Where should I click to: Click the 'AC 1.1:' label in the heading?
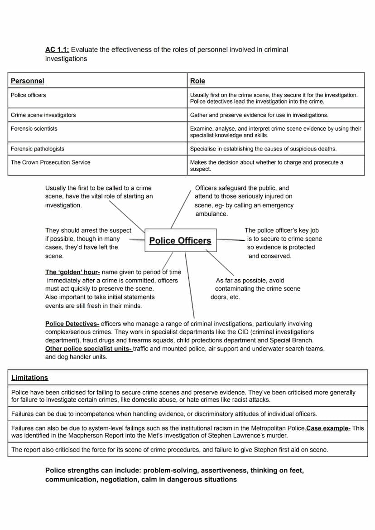coord(57,49)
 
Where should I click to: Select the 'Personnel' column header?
coord(28,81)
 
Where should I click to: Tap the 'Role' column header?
coord(197,81)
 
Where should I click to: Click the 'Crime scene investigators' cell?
coord(43,115)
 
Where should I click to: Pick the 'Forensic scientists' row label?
coord(34,129)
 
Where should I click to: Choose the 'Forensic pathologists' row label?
coord(38,149)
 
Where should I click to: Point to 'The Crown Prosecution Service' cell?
coord(51,162)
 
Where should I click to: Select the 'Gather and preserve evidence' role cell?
coord(259,115)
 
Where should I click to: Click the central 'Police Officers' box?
coord(180,241)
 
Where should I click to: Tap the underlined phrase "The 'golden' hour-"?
coord(72,272)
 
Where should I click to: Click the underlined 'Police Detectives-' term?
coord(72,324)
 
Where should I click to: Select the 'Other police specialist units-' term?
coord(89,349)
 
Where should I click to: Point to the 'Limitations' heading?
coord(29,378)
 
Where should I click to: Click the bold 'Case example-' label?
coord(328,428)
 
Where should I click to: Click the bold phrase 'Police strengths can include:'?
coord(93,471)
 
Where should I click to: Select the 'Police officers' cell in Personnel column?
coord(29,95)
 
